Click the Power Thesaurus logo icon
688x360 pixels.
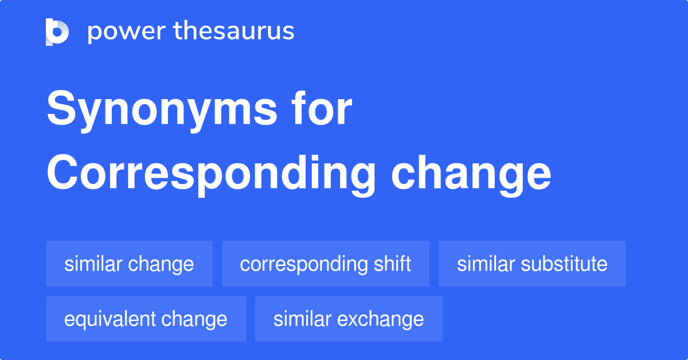(x=57, y=32)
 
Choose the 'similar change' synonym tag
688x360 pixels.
(x=129, y=264)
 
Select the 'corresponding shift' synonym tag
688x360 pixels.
(x=325, y=264)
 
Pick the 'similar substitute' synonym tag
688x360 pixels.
(x=532, y=264)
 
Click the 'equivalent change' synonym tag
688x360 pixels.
(x=146, y=319)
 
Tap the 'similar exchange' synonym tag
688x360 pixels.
(x=349, y=319)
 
